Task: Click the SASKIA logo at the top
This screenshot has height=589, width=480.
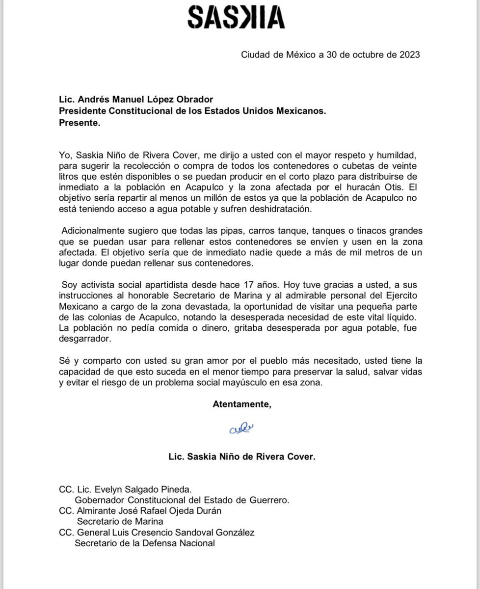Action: [x=236, y=18]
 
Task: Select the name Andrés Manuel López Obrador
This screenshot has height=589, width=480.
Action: [x=137, y=101]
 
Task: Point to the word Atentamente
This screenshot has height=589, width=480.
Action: [x=241, y=404]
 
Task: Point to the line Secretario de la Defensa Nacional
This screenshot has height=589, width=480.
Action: [x=145, y=543]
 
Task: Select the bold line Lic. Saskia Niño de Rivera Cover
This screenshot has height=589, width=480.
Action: [x=241, y=456]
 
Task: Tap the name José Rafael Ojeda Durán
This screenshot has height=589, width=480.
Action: [x=169, y=510]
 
